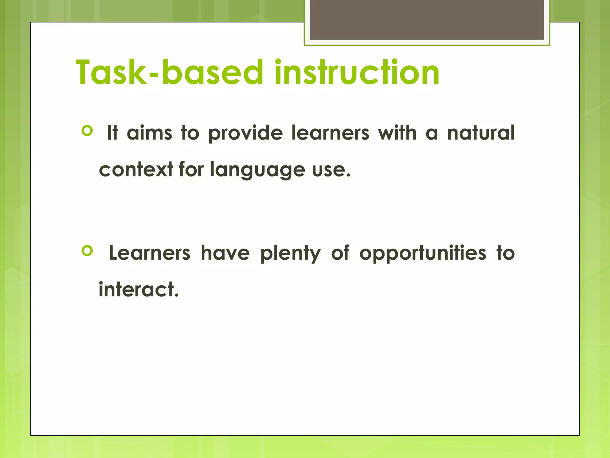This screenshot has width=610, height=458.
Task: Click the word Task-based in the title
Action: coord(170,72)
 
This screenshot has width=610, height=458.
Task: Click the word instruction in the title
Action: coord(357,72)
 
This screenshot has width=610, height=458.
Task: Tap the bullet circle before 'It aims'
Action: coord(87,131)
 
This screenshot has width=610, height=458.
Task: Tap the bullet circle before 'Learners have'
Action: coord(87,251)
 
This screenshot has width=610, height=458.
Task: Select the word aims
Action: coord(150,133)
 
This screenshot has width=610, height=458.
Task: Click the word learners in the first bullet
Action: coord(330,133)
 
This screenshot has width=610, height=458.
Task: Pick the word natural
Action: coord(481,133)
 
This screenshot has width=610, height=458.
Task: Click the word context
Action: coord(136,170)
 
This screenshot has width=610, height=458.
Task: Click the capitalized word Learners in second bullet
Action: coord(150,253)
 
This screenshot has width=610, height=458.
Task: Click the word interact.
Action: coord(139,290)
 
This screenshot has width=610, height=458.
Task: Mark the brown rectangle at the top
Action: coord(427,20)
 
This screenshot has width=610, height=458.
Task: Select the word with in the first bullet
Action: coord(397,133)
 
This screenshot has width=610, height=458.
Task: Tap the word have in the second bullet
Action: coord(225,253)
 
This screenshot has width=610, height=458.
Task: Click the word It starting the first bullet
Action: coord(113,133)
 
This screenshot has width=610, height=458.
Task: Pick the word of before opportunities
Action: coord(340,253)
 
